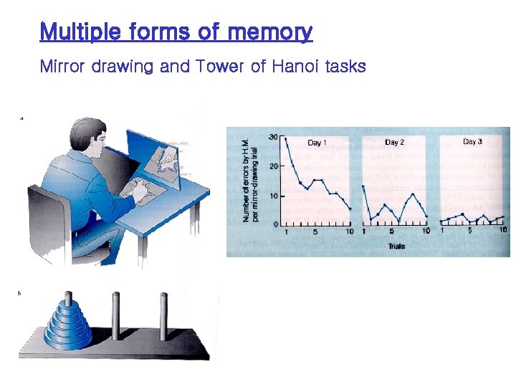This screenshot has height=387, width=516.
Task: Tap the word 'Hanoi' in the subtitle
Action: [295, 67]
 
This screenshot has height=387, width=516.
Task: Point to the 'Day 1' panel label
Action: [316, 143]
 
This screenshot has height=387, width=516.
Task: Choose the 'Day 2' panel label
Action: [394, 143]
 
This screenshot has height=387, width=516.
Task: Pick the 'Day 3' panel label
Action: [472, 142]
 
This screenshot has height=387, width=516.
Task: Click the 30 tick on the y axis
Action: [273, 137]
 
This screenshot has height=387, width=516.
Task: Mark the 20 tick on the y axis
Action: [273, 166]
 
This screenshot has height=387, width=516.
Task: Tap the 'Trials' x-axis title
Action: [396, 246]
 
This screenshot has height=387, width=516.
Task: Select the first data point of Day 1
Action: [286, 138]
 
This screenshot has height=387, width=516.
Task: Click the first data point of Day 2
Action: [364, 186]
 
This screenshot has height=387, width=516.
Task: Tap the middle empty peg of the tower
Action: [115, 315]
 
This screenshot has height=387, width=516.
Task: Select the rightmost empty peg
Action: [163, 315]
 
